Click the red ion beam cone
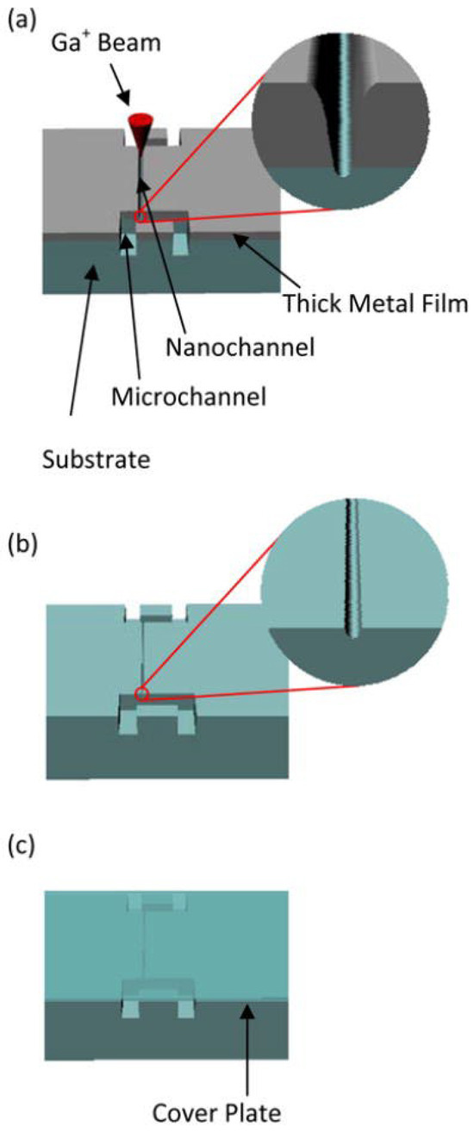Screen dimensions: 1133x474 [138, 129]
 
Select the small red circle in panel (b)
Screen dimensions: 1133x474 [141, 693]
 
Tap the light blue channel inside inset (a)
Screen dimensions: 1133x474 [341, 103]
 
